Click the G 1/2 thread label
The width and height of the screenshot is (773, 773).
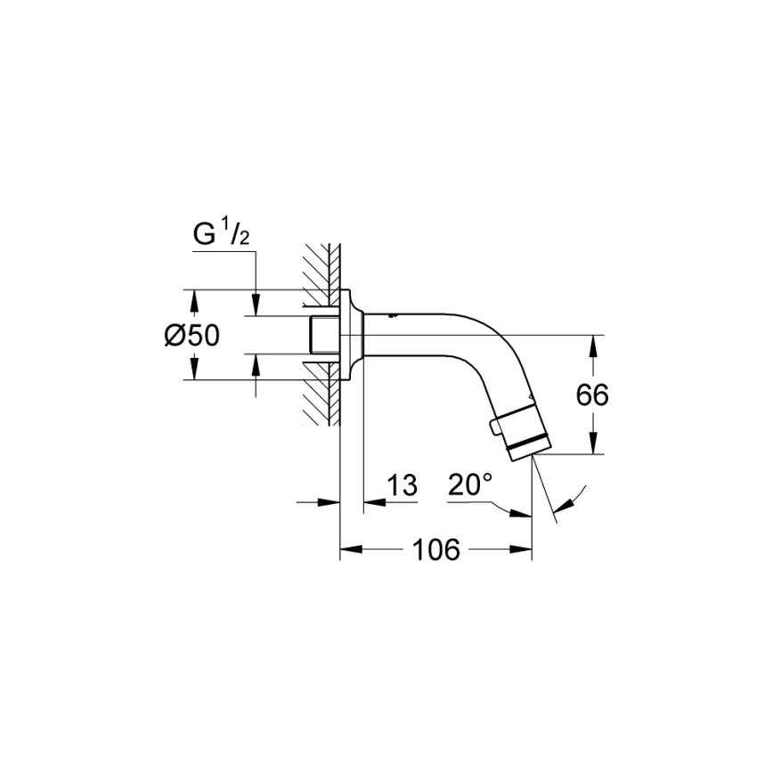pyautogui.click(x=220, y=235)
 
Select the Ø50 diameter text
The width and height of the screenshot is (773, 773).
pyautogui.click(x=191, y=336)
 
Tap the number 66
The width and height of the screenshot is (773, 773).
pyautogui.click(x=591, y=395)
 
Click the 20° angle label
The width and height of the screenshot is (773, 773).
pyautogui.click(x=469, y=485)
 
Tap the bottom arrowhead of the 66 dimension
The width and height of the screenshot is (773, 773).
pyautogui.click(x=591, y=447)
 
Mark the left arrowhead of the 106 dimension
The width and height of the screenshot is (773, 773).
pyautogui.click(x=348, y=550)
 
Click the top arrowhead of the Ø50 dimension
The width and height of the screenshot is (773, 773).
pyautogui.click(x=192, y=297)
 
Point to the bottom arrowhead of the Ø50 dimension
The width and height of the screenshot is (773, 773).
pyautogui.click(x=192, y=372)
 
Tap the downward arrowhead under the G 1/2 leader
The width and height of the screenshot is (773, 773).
pyautogui.click(x=256, y=308)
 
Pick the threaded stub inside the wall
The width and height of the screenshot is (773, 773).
pyautogui.click(x=321, y=335)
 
